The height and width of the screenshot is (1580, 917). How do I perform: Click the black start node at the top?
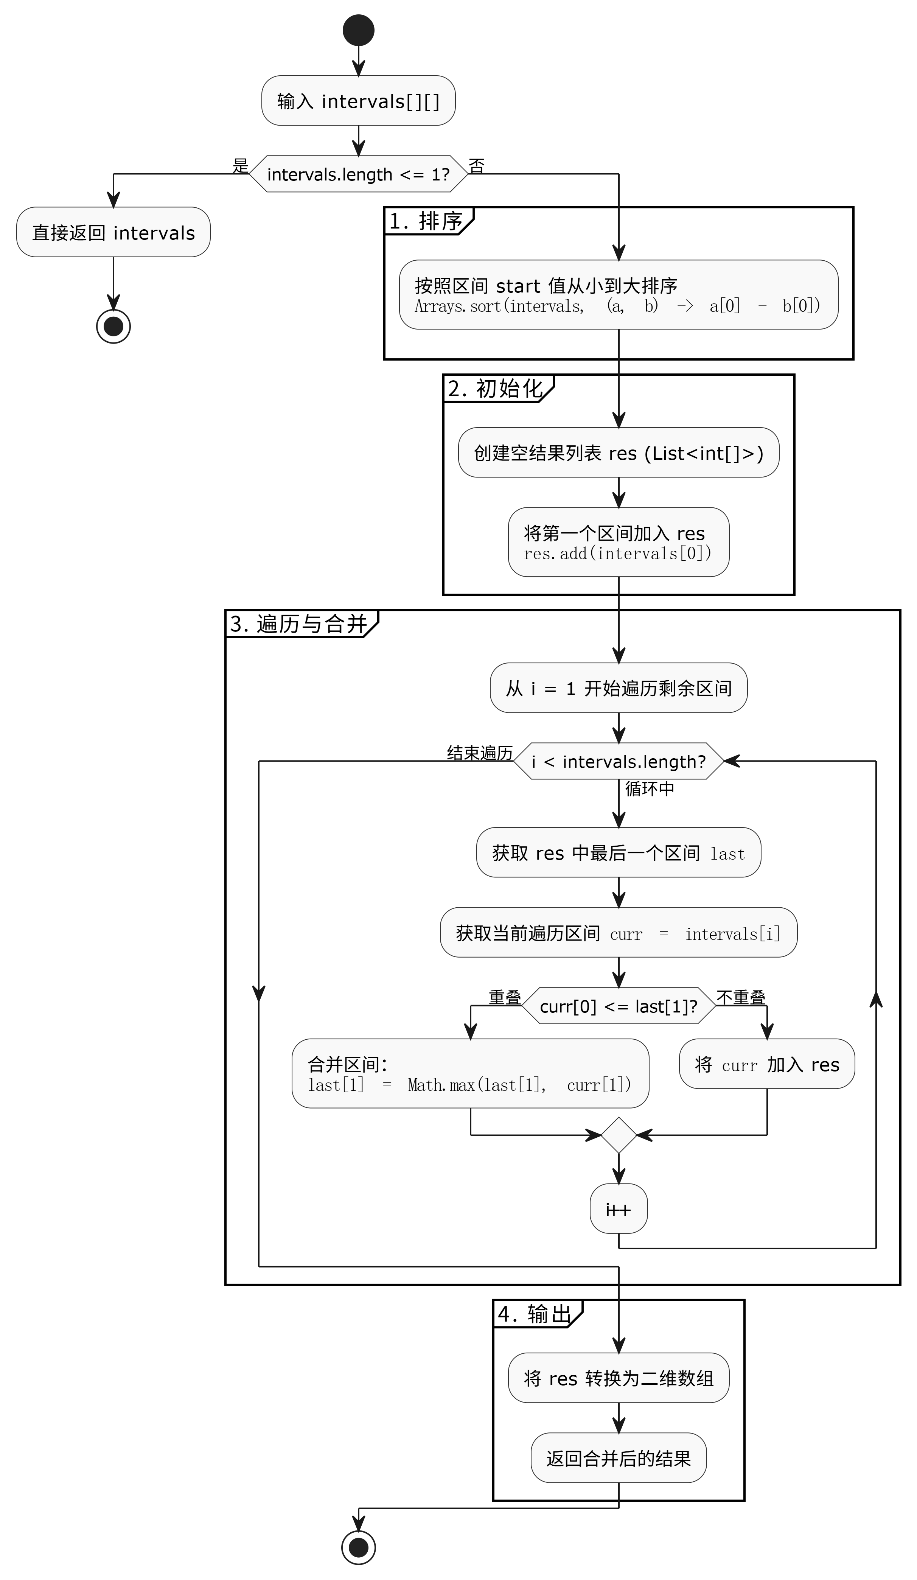click(359, 30)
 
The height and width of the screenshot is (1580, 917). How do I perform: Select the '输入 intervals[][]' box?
click(359, 101)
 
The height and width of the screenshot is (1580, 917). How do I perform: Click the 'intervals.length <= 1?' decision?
click(359, 174)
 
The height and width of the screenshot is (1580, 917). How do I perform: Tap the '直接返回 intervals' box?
click(113, 232)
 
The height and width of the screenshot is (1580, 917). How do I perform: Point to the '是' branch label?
click(241, 165)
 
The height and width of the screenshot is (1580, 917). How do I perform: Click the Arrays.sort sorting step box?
click(619, 295)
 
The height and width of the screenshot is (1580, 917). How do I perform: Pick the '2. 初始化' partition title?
click(495, 389)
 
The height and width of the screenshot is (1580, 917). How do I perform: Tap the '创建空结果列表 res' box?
click(619, 453)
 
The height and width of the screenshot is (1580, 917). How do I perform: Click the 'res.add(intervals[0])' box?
click(619, 542)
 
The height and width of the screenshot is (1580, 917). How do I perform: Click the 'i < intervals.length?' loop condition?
click(619, 761)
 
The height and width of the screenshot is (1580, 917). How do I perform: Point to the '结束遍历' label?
click(480, 753)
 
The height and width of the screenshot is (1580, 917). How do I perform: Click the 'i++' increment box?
click(619, 1210)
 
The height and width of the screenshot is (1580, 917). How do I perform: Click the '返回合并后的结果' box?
click(619, 1459)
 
